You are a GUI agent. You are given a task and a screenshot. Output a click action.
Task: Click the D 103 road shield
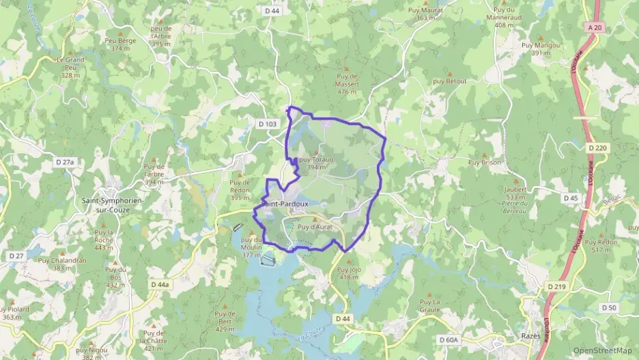coord(268,124)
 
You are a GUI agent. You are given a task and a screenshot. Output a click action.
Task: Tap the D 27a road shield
coord(64,162)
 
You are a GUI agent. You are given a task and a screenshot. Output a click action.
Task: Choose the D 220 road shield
coord(596,147)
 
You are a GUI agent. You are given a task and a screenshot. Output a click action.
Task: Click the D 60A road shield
coord(448,339)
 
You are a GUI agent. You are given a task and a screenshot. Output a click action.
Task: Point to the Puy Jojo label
coord(349,273)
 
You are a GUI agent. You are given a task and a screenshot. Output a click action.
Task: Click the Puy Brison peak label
coord(485,163)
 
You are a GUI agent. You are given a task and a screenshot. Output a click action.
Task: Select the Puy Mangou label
coord(541,49)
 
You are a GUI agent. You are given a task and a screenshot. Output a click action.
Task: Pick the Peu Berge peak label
coord(121,44)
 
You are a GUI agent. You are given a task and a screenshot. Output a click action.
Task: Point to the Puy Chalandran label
coord(62,264)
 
